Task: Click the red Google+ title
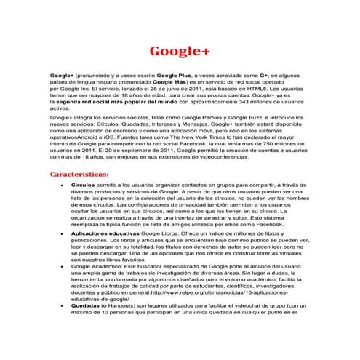tap(179, 52)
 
